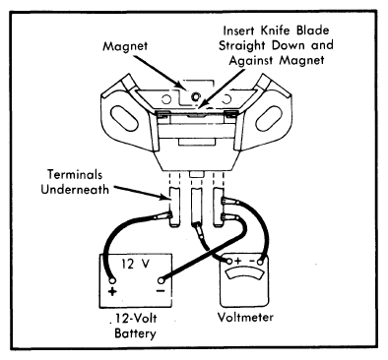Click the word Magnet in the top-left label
coord(125,46)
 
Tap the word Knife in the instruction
coord(275,30)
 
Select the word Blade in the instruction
coord(312,30)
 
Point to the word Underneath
coord(75,190)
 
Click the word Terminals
coord(75,174)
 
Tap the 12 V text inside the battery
coord(135,264)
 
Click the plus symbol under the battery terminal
coord(112,291)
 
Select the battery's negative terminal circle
coord(162,280)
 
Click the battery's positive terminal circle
coord(112,280)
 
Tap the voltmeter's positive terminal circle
coord(229,262)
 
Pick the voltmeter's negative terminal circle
coord(260,262)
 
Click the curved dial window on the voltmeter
coord(244,272)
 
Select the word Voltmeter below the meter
coord(245,317)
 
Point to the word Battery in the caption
coord(135,333)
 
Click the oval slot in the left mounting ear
coord(124,118)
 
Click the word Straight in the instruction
coord(243,45)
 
